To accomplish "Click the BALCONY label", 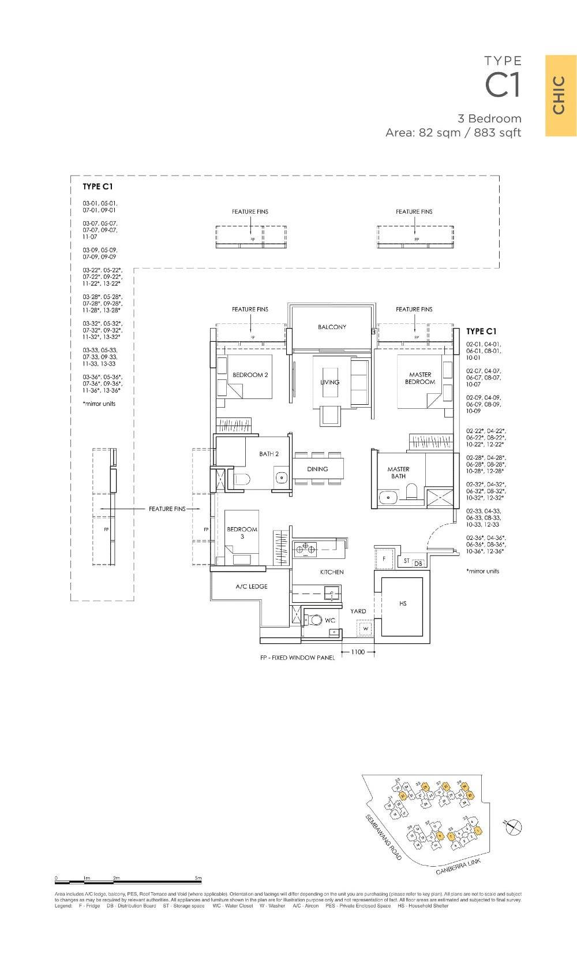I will (332, 327).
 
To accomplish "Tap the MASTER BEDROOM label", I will (419, 378).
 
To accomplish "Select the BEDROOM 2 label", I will (250, 375).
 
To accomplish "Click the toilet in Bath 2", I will (242, 479).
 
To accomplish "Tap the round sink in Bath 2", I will (282, 478).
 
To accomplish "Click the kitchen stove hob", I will (305, 550).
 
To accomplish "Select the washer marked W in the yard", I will (365, 628).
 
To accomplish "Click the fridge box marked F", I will (384, 560).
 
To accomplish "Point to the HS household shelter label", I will (403, 603).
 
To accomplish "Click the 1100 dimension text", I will (358, 652).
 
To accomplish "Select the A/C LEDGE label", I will (251, 586).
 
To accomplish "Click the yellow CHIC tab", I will (560, 95).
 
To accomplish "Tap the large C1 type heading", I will (503, 85).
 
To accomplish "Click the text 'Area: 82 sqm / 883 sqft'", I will (453, 133).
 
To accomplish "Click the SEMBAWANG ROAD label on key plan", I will (383, 838).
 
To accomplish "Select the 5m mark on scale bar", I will (198, 878).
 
